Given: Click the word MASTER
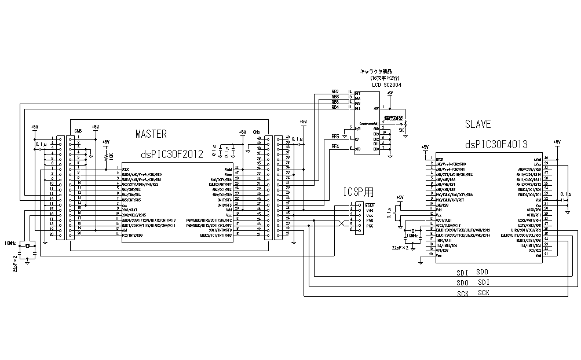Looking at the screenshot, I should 151,134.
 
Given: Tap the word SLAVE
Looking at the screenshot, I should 478,124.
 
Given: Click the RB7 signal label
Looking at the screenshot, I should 335,92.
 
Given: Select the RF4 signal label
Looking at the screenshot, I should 335,147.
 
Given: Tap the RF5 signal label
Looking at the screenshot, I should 335,137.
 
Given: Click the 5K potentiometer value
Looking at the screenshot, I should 401,131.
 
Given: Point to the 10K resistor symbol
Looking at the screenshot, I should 105,156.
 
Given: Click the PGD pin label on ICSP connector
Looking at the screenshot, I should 370,221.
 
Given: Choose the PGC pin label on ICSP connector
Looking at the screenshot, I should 370,226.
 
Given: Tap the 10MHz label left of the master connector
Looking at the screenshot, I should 10,243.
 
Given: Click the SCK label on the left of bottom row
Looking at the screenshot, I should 462,293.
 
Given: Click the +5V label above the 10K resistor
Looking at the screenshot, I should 105,142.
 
